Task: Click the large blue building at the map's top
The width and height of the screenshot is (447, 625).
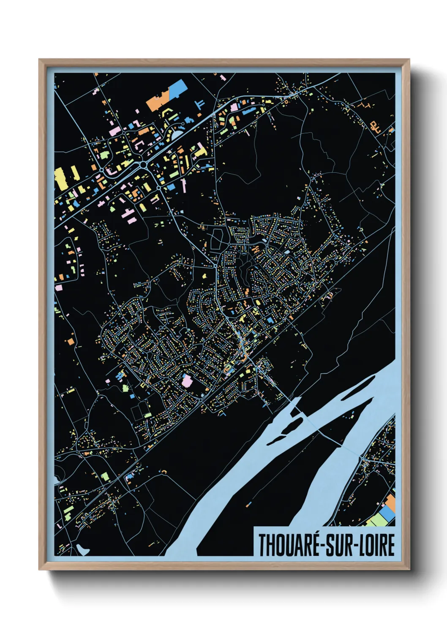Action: [x=177, y=89]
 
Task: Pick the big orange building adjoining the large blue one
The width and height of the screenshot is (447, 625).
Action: [x=157, y=102]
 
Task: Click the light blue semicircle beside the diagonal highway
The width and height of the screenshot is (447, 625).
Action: [x=177, y=134]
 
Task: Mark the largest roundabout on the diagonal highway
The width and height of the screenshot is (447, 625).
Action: [x=144, y=164]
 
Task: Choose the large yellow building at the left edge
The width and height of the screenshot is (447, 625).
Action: [x=60, y=179]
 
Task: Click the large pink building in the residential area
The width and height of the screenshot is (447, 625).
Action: [x=187, y=380]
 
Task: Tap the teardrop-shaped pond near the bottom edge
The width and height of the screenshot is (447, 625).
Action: [x=83, y=549]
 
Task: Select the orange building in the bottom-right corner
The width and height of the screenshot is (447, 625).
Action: [x=390, y=502]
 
